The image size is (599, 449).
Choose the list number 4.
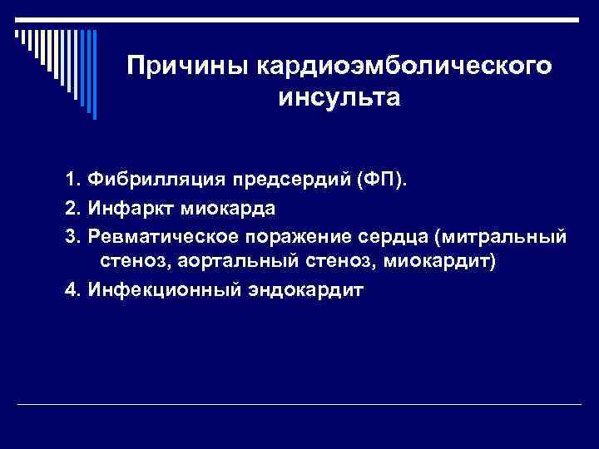click(x=70, y=290)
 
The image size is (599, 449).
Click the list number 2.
click(x=70, y=209)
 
